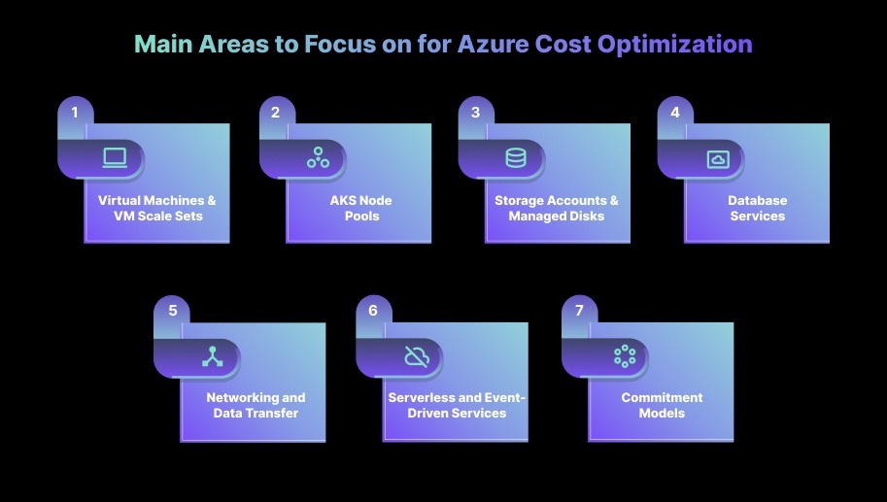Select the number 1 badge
click(x=75, y=113)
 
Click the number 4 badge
click(x=675, y=113)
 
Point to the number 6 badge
click(x=372, y=311)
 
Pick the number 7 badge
click(x=579, y=311)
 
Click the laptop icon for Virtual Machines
click(x=115, y=157)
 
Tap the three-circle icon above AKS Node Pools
click(x=318, y=157)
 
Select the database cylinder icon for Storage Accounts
click(x=516, y=157)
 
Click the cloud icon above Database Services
click(x=718, y=159)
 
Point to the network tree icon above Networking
click(x=212, y=356)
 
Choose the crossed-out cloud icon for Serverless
click(x=417, y=356)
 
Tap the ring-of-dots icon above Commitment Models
click(x=624, y=356)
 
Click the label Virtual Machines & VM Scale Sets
click(x=157, y=208)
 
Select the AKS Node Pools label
click(x=359, y=208)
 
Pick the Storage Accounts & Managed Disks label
click(x=557, y=208)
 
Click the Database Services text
click(x=758, y=208)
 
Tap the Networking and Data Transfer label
click(x=256, y=405)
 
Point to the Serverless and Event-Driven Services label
click(x=456, y=405)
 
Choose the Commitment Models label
click(x=662, y=405)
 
